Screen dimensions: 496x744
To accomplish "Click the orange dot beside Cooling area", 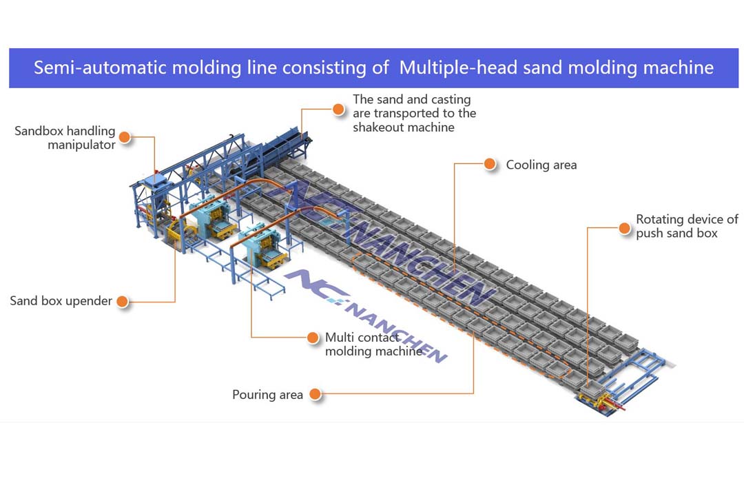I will pos(490,164).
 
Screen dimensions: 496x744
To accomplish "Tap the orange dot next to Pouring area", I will pos(316,394).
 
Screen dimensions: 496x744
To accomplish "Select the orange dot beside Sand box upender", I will pos(123,301).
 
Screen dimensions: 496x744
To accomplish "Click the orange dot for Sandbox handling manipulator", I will pos(125,136).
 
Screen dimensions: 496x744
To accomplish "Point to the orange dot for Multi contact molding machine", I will pos(313,338).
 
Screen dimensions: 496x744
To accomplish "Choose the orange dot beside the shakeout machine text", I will pos(338,109).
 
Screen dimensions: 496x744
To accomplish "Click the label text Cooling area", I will pos(541,165).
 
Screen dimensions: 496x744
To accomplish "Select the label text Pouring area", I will pos(267,395).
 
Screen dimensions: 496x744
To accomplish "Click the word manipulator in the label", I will pos(81,145).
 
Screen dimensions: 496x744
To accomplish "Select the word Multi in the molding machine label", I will pos(338,338).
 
